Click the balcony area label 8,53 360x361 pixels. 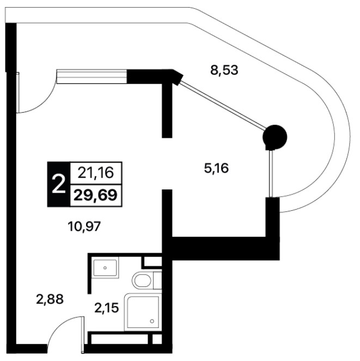(x=224, y=70)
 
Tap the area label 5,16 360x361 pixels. (x=216, y=168)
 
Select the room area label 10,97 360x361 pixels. (x=84, y=227)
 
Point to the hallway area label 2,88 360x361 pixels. (x=50, y=299)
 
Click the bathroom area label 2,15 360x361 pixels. (x=106, y=308)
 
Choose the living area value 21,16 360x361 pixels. (x=96, y=173)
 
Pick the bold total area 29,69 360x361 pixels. (x=96, y=195)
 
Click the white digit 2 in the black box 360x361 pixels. (x=58, y=184)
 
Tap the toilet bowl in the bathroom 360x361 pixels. (x=142, y=280)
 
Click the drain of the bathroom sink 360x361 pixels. (x=105, y=268)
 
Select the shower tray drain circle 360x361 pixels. (x=152, y=321)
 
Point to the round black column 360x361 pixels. (x=275, y=137)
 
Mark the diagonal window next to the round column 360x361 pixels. (x=223, y=105)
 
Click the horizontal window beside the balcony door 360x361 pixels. (x=92, y=76)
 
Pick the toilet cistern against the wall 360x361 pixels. (x=157, y=280)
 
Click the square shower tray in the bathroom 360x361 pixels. (x=143, y=312)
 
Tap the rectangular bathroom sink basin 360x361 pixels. (x=105, y=268)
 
